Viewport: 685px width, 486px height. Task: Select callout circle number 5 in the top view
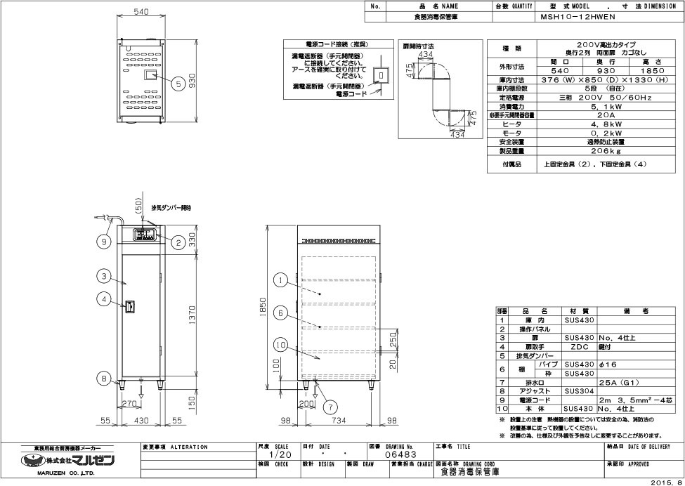click(178, 82)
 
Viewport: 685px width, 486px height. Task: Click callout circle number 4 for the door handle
click(105, 300)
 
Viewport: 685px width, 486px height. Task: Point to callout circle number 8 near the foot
click(105, 379)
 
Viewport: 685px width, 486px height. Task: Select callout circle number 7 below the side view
click(329, 406)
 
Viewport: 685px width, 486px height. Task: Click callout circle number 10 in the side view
click(280, 346)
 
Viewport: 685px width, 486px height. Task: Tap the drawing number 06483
click(399, 455)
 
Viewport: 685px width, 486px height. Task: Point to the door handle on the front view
click(129, 306)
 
